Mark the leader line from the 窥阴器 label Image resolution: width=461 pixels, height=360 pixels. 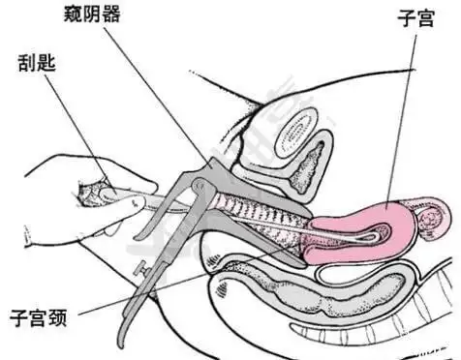pyautogui.click(x=155, y=87)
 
